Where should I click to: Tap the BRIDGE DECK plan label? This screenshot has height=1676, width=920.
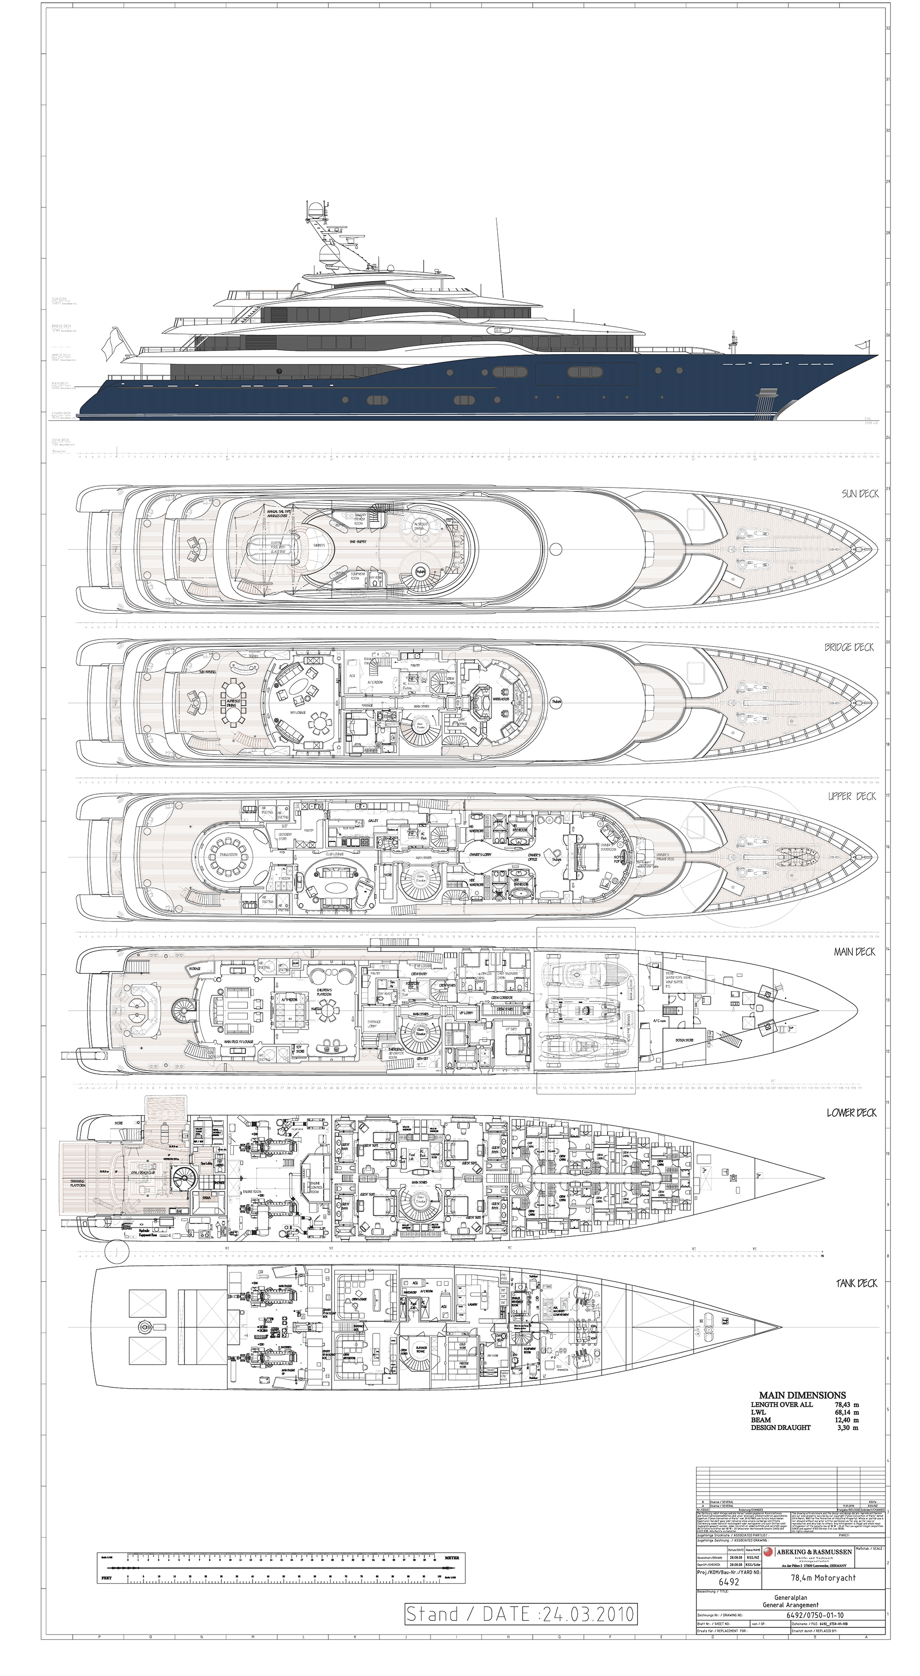pyautogui.click(x=849, y=647)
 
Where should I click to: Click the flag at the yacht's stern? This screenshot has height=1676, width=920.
pyautogui.click(x=109, y=344)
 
